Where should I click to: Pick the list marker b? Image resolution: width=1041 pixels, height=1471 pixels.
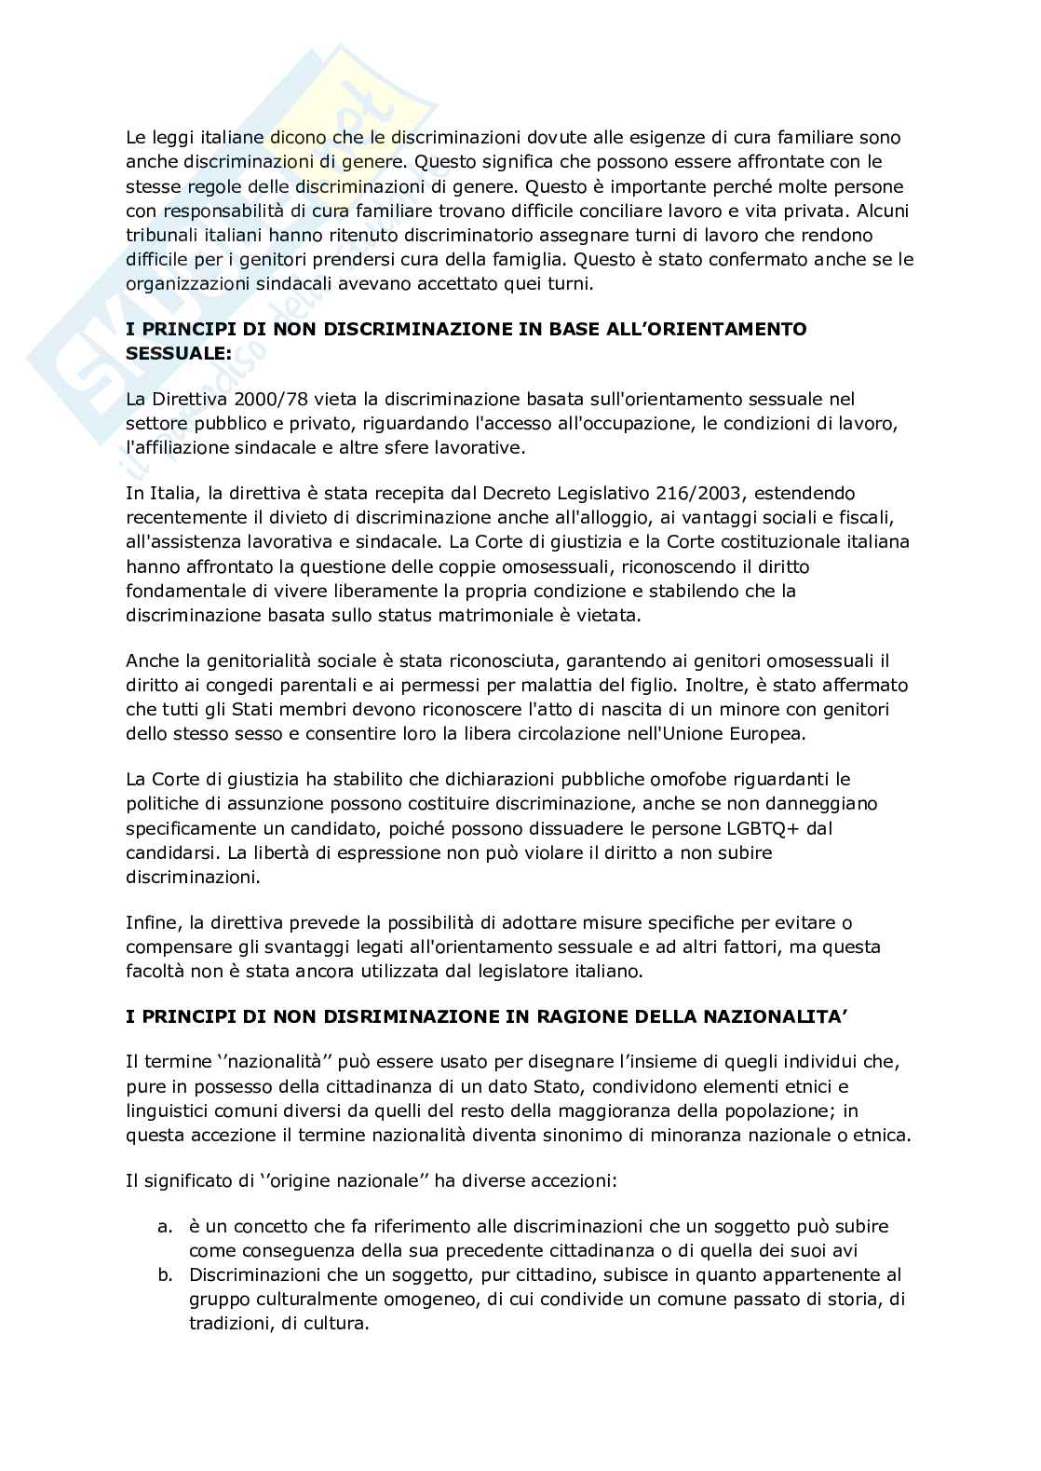(165, 1274)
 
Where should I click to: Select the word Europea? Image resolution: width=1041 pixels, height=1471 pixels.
(772, 733)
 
